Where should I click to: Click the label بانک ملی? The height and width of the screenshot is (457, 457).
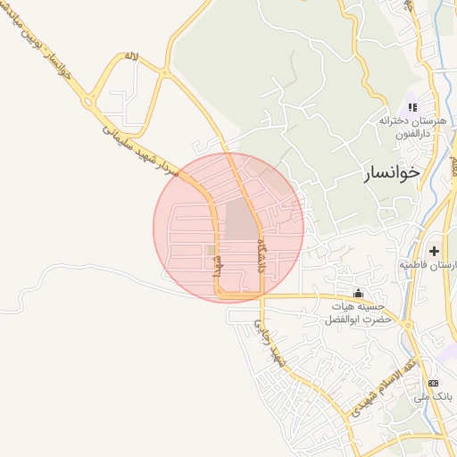pyautogui.click(x=436, y=395)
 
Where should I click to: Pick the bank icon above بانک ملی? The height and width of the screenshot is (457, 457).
pyautogui.click(x=435, y=383)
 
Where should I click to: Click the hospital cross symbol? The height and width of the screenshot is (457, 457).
pyautogui.click(x=434, y=252)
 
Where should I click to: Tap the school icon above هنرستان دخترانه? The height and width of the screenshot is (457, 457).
pyautogui.click(x=413, y=108)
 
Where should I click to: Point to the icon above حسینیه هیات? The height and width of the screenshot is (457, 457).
pyautogui.click(x=359, y=294)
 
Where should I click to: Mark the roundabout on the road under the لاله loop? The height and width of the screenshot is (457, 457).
pyautogui.click(x=88, y=103)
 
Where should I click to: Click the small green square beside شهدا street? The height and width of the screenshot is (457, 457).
pyautogui.click(x=211, y=251)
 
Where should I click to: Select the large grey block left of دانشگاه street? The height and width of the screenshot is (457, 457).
pyautogui.click(x=239, y=220)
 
